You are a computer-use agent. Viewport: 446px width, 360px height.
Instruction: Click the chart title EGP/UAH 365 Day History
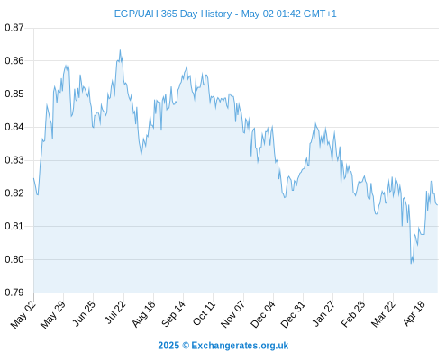tap(173, 13)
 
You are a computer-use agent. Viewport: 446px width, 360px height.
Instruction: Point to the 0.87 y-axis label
tap(14, 28)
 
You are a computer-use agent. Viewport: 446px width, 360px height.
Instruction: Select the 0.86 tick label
tap(14, 61)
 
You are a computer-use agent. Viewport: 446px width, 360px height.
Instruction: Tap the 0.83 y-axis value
tap(14, 160)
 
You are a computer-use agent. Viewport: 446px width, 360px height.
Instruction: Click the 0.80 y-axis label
tap(14, 259)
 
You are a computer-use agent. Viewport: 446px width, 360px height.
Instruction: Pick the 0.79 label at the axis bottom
tap(14, 292)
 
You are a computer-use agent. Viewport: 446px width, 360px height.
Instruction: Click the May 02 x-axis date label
tap(23, 314)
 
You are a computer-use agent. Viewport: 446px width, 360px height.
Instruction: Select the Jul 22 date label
tap(115, 312)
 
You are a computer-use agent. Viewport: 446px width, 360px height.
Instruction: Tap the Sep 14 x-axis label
tap(174, 313)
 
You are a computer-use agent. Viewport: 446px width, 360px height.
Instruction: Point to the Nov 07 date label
tap(233, 314)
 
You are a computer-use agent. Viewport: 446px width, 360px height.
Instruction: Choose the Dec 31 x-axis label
tap(293, 314)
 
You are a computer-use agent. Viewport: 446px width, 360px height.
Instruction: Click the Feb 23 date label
tap(353, 314)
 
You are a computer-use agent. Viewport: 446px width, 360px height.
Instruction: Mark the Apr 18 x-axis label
tap(414, 313)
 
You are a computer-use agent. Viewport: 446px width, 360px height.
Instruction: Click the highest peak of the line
tap(120, 50)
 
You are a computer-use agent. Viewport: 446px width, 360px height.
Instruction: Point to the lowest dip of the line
tap(411, 264)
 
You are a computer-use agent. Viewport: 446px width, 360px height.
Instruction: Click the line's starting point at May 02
tap(33, 178)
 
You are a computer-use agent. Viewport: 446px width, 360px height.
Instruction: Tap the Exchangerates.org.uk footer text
tap(240, 346)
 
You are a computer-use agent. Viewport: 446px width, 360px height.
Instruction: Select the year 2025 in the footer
tap(168, 346)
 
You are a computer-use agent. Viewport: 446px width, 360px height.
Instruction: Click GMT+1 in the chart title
tap(320, 13)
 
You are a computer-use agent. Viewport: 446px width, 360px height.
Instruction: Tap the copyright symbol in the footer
tap(186, 346)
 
